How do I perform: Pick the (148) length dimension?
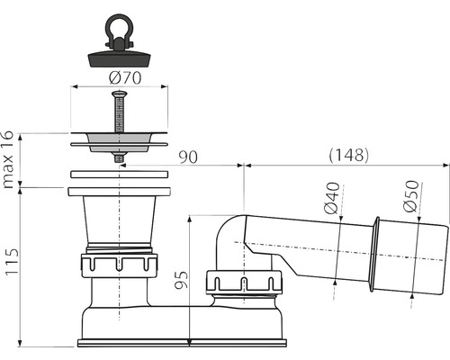tap(347, 154)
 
